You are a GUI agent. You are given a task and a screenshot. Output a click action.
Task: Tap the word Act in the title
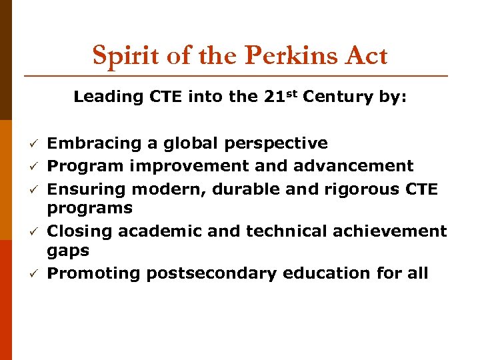coord(365,55)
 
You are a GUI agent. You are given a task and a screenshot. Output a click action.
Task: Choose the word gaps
coord(68,251)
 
